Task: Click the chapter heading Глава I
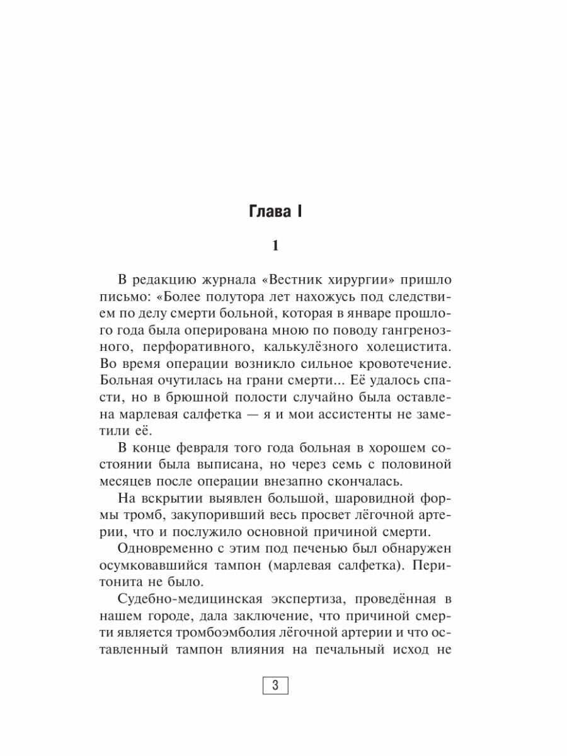(x=274, y=212)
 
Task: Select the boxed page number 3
(x=274, y=685)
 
